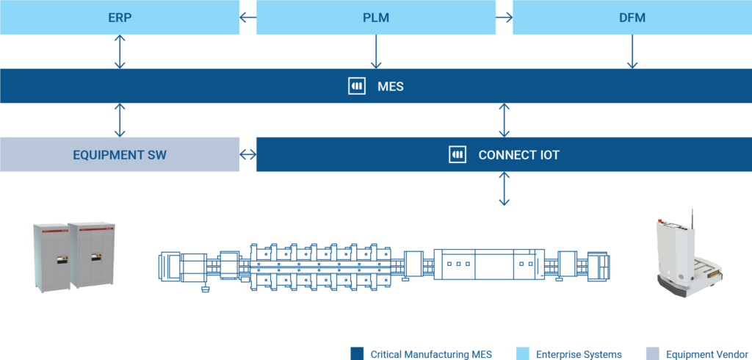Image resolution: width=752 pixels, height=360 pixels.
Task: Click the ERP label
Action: coord(120,18)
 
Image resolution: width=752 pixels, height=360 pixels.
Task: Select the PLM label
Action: coord(376,18)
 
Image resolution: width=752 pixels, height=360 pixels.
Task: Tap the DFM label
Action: coord(632,18)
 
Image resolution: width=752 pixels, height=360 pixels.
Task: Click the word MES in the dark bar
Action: coord(390,87)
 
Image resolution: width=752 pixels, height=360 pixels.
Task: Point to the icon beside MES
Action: coord(356,86)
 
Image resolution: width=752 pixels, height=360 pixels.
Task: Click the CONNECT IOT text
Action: coord(518,155)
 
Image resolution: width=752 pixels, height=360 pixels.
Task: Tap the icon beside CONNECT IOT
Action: coord(458,154)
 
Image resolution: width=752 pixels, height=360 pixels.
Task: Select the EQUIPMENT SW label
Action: coord(120,155)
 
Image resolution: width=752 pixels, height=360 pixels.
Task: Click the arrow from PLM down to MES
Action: coord(376,51)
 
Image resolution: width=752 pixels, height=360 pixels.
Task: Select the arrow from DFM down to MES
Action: coord(632,51)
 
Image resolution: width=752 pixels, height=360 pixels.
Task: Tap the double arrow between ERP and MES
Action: coord(120,51)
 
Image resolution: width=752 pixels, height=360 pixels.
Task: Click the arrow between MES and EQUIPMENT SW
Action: coord(120,120)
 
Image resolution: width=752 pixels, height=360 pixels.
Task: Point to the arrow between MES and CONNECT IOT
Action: coord(504,120)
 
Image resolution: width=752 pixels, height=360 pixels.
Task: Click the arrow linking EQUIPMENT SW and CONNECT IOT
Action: coord(247,154)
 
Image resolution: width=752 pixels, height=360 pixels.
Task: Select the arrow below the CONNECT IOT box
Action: coord(504,189)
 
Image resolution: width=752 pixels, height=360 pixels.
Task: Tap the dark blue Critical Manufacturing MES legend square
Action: coord(358,353)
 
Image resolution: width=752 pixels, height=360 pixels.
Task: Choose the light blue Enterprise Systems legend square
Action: coord(523,353)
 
